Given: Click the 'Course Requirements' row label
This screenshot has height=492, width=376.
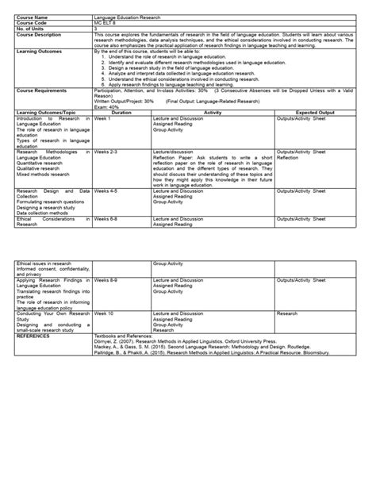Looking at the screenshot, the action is (40, 90).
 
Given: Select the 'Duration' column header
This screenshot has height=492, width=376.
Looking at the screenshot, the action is (121, 112).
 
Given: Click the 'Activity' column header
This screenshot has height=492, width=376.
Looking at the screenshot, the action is (213, 112).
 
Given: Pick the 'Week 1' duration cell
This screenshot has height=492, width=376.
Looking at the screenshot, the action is (102, 117).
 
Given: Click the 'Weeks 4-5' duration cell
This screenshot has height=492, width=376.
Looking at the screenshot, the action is (106, 191).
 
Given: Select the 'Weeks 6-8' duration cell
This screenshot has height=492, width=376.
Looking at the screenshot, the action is (106, 218).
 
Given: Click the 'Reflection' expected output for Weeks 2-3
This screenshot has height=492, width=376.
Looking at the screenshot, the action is (287, 157).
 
